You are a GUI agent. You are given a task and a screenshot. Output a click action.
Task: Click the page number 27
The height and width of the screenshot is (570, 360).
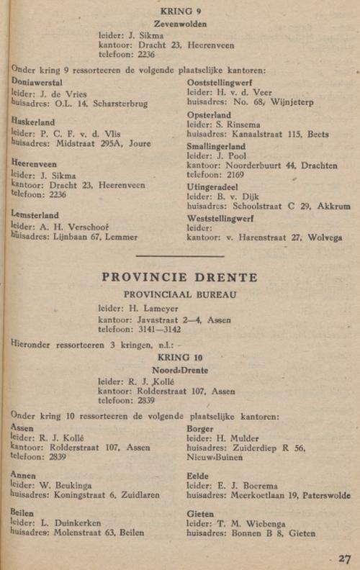point(344,558)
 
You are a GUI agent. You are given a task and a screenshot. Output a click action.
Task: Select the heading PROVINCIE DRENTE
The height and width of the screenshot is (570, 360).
point(179,278)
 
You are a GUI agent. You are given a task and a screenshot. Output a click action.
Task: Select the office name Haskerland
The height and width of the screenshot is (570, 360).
point(33,122)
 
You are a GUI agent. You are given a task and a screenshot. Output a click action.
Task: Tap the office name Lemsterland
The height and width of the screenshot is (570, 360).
point(35,214)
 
